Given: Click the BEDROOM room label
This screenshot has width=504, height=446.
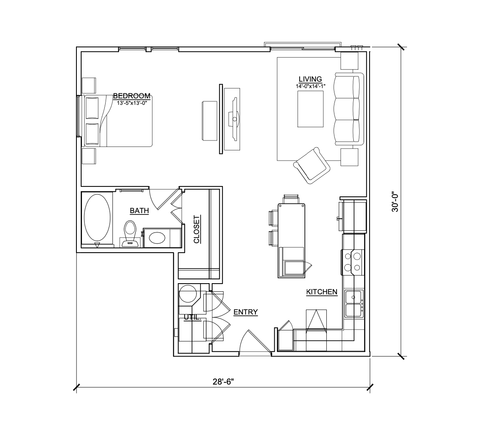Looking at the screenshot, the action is point(132,96).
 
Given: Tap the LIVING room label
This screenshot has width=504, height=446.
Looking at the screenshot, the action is point(310,79).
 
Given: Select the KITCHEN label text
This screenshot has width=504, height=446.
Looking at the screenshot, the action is point(322,292).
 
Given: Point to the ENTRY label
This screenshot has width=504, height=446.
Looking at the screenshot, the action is point(246,312).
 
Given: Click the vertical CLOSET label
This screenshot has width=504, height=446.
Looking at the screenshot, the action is point(197,229).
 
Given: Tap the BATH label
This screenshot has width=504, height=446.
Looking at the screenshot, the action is point(139,211).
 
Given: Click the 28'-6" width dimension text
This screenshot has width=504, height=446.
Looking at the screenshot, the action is point(223,382).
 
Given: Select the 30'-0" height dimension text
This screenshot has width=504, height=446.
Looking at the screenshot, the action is point(395,202).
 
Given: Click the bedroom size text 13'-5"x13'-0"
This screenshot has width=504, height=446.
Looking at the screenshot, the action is point(132,103).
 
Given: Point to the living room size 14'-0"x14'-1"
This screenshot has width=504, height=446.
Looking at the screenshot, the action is point(311,86).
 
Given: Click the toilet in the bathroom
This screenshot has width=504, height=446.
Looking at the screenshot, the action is point(130,234).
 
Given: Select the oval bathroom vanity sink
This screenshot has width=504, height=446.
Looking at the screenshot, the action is point(157,238).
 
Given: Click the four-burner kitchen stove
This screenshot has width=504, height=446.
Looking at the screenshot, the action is point(352,262).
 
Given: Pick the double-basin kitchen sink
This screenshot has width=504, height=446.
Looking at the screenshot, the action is point(354,304).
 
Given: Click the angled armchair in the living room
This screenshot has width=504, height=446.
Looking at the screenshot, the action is point(312,165).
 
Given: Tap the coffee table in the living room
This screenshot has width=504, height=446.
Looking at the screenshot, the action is point(310,109).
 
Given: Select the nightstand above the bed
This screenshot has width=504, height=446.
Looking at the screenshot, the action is point(89,85).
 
